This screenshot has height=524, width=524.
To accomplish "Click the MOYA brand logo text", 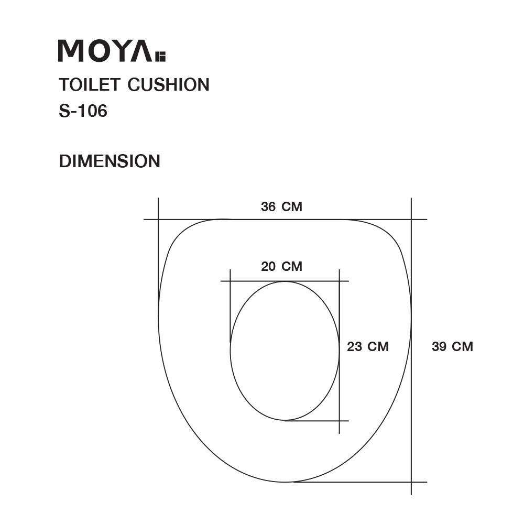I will [105, 51].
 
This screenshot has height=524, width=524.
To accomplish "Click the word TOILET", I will [90, 84].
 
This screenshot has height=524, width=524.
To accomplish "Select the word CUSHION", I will [169, 84].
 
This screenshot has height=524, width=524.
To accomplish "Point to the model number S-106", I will [83, 111].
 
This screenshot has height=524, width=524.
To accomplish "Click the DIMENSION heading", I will [110, 161].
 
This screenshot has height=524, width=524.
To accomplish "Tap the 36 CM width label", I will [281, 206].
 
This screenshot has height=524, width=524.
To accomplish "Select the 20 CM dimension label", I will [281, 266].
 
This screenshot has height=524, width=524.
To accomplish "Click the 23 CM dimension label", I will [367, 346].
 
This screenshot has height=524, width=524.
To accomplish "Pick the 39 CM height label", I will [452, 346].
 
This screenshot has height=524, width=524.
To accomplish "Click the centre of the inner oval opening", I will [285, 351].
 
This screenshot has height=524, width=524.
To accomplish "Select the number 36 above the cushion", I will [268, 206].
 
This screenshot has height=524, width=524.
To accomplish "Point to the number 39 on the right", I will [439, 346].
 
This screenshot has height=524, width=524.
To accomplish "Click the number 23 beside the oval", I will [355, 346].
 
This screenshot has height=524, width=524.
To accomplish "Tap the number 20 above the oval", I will [268, 266].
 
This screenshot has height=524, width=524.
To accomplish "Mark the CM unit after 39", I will [462, 346].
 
